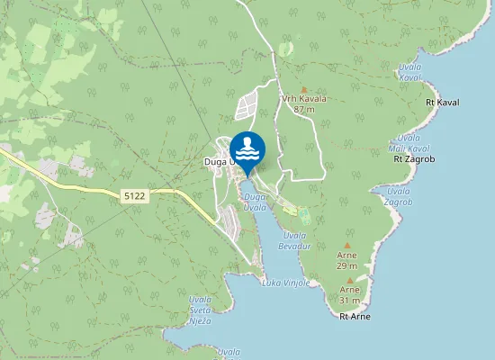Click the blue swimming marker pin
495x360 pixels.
click(x=247, y=150)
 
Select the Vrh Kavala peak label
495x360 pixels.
click(x=303, y=98)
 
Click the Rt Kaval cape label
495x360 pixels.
click(x=442, y=103)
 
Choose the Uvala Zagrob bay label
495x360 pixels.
click(x=398, y=196)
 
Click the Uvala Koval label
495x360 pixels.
click(x=409, y=72)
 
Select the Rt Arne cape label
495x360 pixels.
click(x=355, y=317)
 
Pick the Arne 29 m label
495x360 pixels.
click(x=347, y=261)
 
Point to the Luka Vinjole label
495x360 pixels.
click(x=285, y=283)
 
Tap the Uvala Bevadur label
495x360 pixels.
click(x=294, y=239)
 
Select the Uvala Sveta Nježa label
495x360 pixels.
click(x=201, y=310)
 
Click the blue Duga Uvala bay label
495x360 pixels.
click(x=256, y=202)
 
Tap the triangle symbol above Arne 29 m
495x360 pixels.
click(x=347, y=245)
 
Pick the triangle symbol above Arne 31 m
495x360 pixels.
click(x=350, y=279)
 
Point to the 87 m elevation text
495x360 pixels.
click(x=303, y=109)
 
